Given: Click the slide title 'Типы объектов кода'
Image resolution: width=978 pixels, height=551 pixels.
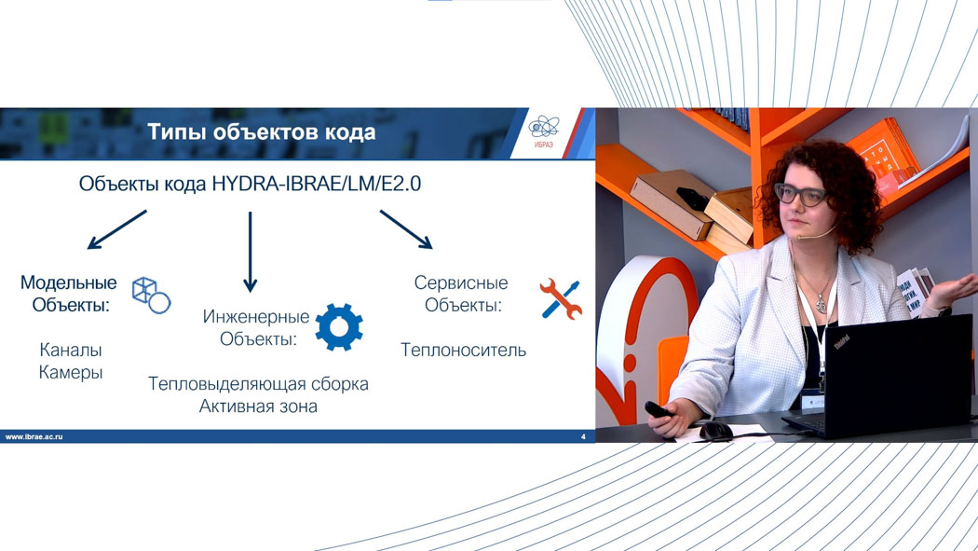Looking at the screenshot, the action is pos(262,132).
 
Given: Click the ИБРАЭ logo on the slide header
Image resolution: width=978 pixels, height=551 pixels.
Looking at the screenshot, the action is pos(544,131).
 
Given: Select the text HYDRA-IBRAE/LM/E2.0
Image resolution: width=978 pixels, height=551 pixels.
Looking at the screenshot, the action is pos(317,184).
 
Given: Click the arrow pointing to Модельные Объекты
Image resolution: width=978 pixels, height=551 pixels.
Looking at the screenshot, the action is pos(116,229).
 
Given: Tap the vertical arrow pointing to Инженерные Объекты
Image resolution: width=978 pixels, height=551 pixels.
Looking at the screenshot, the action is pos(251,252).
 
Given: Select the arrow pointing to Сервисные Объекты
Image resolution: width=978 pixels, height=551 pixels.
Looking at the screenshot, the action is pos(406,229).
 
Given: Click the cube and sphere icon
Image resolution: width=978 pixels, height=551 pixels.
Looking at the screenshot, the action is pos(152,296).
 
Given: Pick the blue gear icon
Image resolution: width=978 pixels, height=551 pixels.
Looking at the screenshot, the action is pos(339,327).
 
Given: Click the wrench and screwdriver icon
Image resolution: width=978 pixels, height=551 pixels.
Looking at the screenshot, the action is pos(561,299).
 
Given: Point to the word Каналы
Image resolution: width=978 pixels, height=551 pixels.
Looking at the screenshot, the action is pos(71,350).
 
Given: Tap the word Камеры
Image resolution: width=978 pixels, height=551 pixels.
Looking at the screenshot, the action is pos(71,373).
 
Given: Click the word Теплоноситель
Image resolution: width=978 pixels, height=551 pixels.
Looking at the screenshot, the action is pos(463,350).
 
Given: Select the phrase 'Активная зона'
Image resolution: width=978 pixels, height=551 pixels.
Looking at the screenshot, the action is pos(258,406).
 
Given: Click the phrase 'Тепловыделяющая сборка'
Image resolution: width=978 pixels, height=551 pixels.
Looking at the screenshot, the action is pos(258,384).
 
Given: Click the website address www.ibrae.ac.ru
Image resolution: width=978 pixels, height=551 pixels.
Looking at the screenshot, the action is pos(34,437).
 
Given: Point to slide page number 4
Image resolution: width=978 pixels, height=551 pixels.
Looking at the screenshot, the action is pos(583,437).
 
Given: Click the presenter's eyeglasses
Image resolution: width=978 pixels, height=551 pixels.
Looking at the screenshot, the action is pos(801,195).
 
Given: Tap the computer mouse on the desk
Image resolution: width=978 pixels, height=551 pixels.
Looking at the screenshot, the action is pos(715,431).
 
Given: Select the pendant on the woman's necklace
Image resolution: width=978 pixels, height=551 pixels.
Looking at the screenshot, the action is pos(822,305).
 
